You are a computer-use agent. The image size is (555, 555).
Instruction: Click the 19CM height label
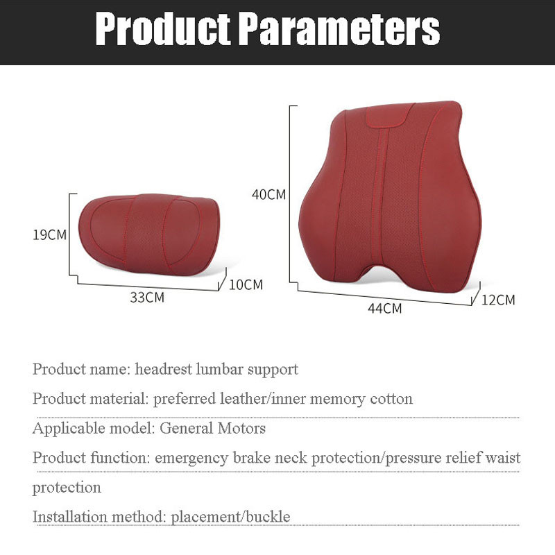49,234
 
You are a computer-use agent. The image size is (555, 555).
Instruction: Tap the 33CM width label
147,298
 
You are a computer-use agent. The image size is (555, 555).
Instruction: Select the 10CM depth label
246,284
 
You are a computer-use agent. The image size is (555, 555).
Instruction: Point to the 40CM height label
268,194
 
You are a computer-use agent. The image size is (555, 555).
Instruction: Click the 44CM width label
385,308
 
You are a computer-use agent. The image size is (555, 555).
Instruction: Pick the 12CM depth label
498,300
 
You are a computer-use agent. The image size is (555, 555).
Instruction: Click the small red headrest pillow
149,234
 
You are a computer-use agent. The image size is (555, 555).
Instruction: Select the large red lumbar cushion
390,196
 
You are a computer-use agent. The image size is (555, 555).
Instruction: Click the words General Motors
212,428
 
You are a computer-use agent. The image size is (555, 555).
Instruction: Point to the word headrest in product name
163,369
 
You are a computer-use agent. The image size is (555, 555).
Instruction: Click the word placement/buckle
230,517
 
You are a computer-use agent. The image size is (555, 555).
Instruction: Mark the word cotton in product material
391,399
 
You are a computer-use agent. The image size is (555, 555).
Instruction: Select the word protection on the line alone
67,488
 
